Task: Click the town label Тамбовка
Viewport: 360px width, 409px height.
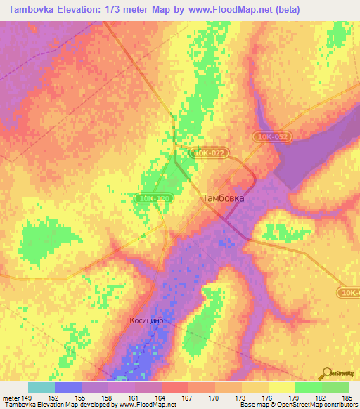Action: [x=224, y=198]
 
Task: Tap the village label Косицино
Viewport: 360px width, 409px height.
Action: [x=147, y=320]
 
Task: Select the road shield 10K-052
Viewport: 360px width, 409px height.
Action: [x=271, y=136]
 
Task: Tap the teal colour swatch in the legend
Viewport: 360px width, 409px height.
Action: [x=41, y=387]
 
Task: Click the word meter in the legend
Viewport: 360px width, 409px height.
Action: [x=11, y=397]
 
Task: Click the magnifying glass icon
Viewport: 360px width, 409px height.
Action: [x=325, y=373]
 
